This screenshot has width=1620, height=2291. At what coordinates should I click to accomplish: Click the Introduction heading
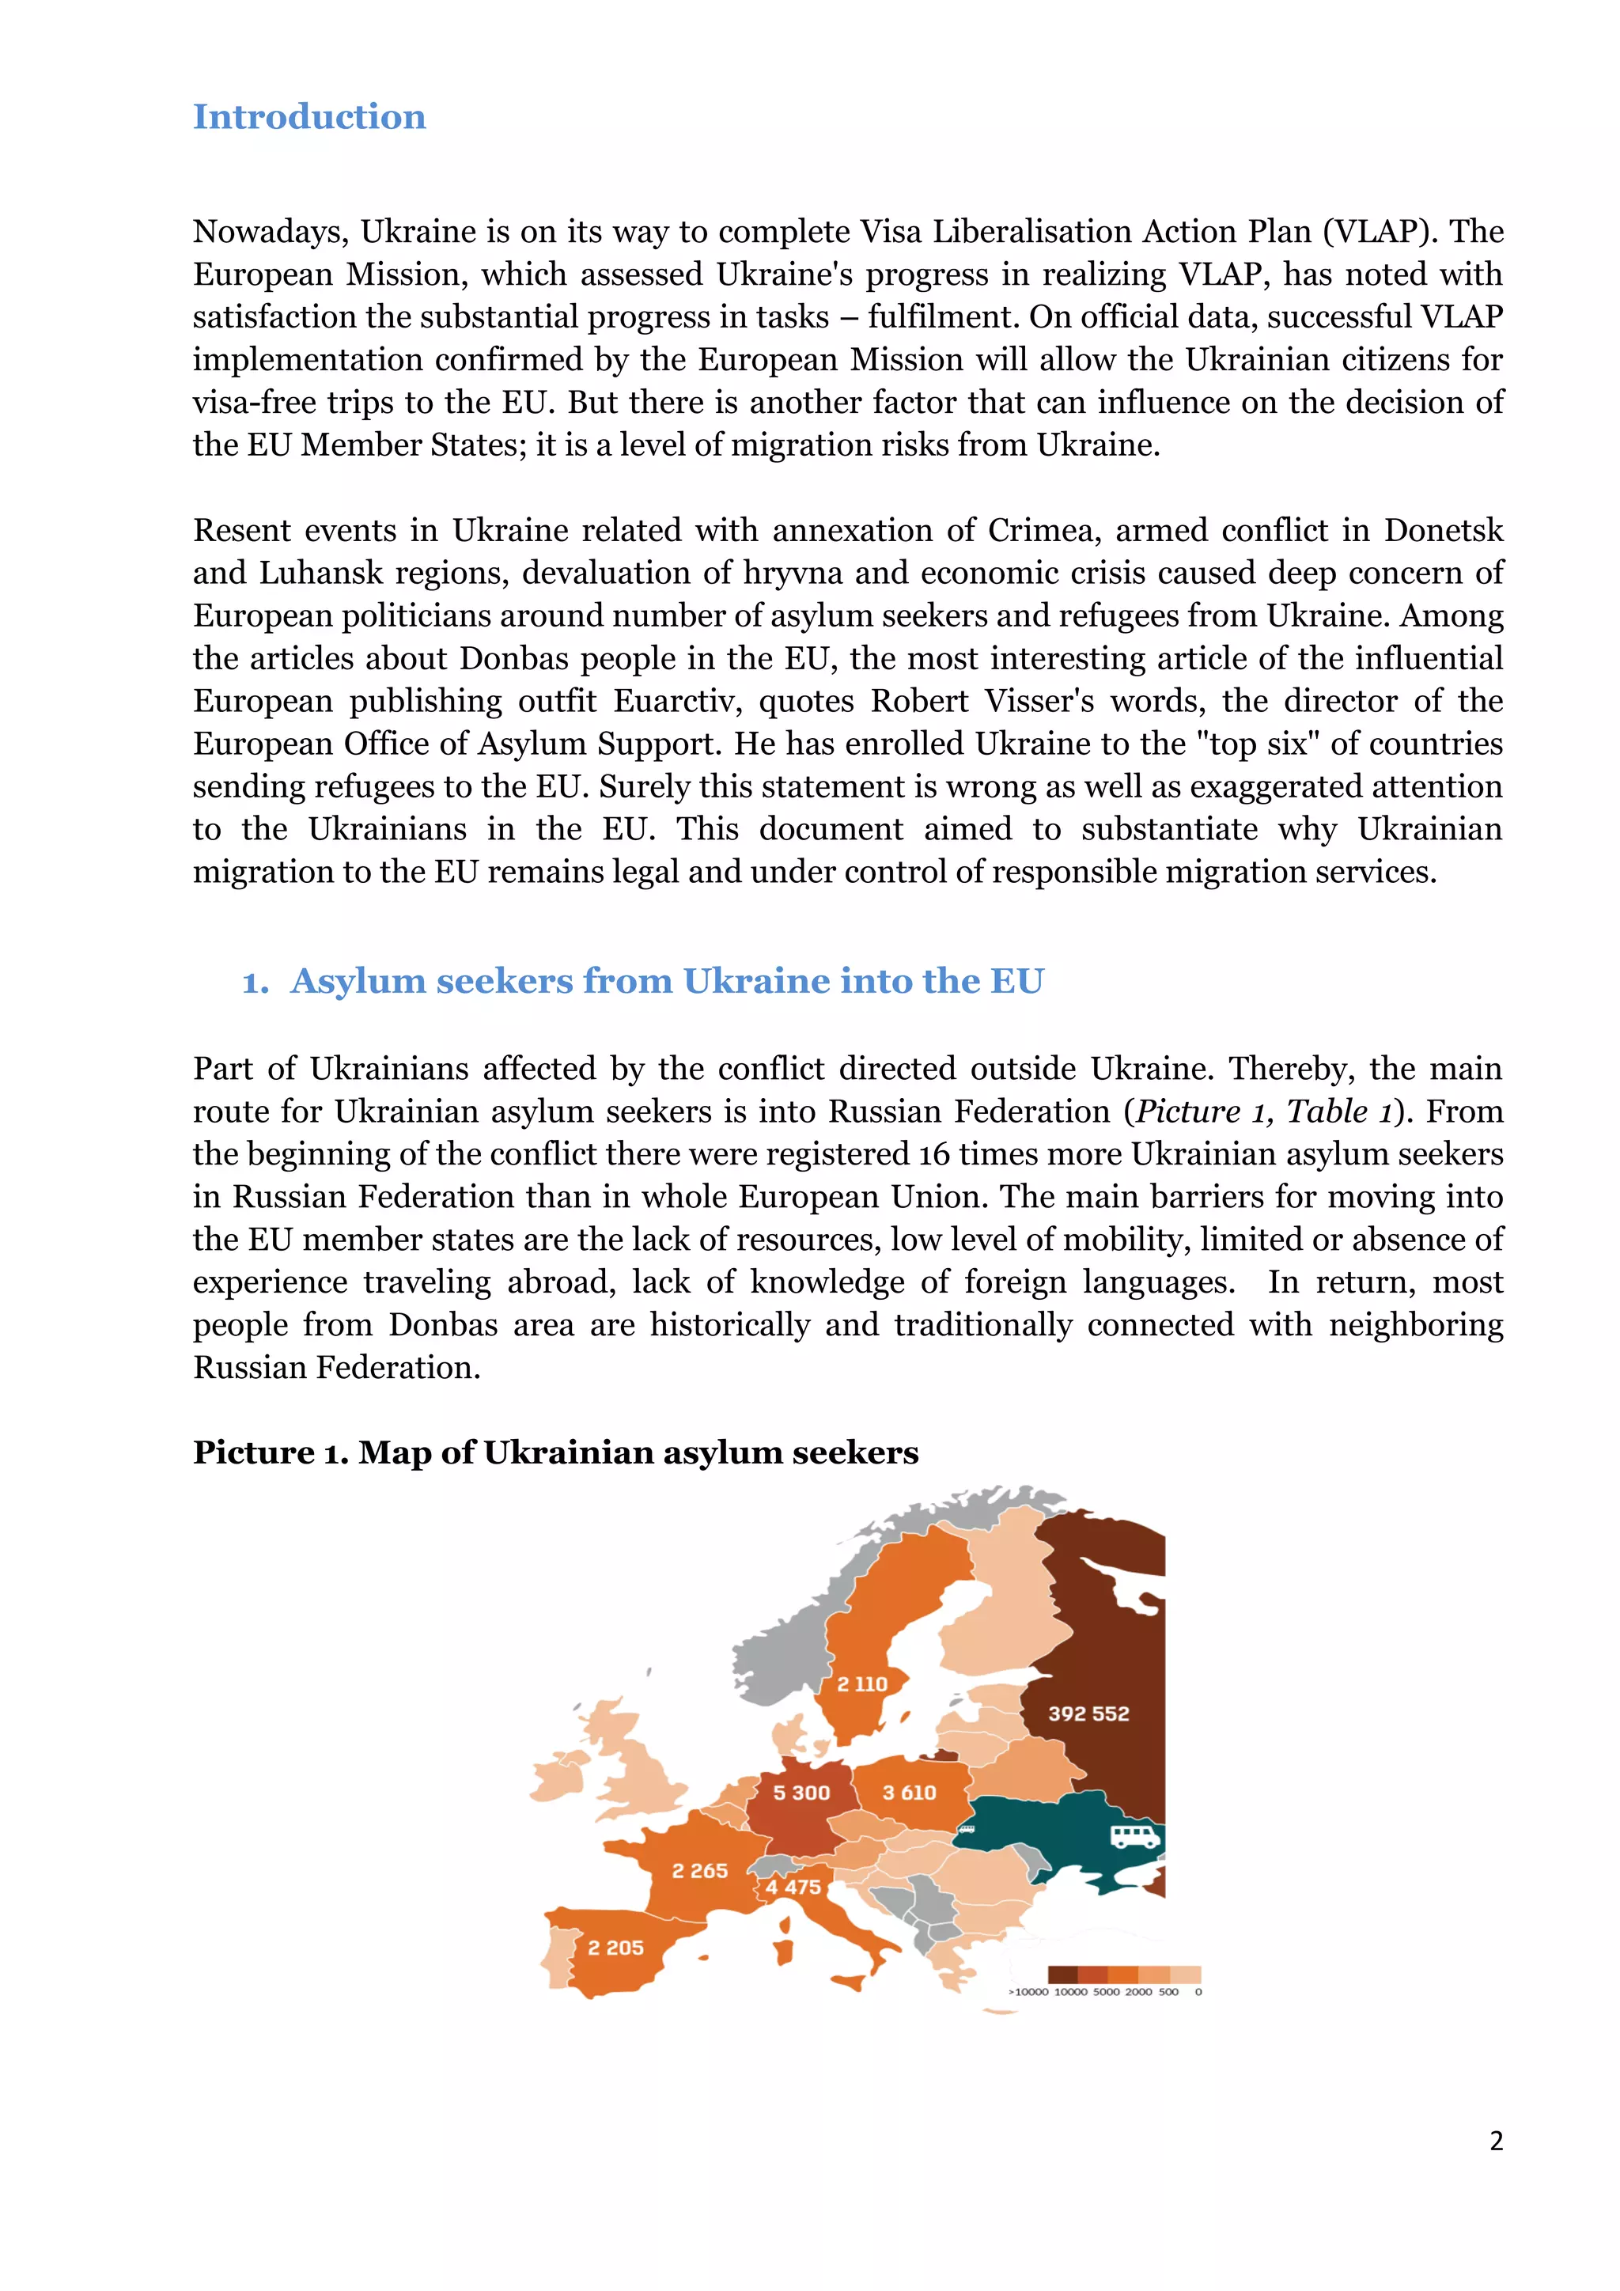(x=309, y=117)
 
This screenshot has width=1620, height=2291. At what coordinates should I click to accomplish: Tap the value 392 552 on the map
(x=1088, y=1714)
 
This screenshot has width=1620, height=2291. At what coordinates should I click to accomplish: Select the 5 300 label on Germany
(x=801, y=1793)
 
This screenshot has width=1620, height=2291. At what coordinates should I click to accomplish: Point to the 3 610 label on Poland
(x=909, y=1793)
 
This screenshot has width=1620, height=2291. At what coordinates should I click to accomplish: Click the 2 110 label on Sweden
(x=862, y=1684)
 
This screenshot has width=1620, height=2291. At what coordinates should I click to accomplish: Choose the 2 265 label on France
(x=699, y=1871)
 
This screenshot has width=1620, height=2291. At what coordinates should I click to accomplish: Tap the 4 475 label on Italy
(x=793, y=1887)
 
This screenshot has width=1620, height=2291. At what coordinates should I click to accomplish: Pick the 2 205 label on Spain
(x=615, y=1948)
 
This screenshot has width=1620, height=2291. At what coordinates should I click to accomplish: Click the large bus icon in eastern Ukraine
(x=1136, y=1836)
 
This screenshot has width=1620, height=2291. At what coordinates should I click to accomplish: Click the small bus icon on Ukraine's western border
(x=966, y=1830)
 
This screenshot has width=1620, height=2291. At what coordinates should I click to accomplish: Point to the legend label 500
(x=1168, y=1992)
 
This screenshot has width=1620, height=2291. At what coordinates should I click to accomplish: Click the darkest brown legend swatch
(x=1062, y=1975)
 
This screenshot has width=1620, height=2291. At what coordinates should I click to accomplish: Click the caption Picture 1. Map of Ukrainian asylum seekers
(x=555, y=1452)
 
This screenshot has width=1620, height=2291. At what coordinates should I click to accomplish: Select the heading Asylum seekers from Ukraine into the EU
(x=666, y=981)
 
